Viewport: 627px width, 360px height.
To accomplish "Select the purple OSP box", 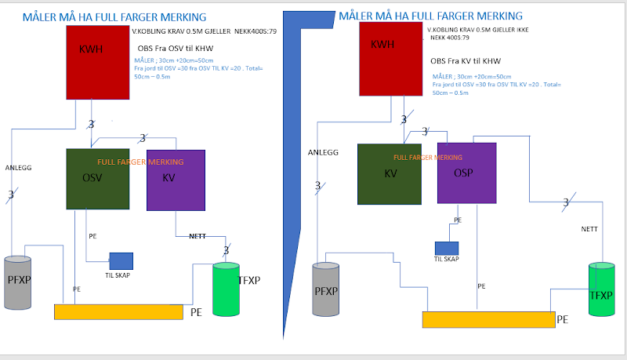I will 467,173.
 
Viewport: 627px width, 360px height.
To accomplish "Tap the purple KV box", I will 176,180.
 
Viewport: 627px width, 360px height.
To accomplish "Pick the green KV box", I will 390,173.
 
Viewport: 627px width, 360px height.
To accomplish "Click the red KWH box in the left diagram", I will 97,62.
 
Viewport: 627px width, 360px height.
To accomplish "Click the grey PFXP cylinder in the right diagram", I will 325,289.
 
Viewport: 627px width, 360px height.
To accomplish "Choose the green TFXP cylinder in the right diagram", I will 601,290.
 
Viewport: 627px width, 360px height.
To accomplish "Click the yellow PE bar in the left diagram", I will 118,311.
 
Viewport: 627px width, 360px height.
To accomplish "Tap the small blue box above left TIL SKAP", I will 121,261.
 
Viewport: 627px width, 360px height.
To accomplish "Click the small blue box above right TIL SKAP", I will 447,249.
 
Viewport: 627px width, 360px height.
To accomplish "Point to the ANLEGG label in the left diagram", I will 18,168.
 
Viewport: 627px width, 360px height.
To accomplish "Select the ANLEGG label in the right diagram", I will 323,152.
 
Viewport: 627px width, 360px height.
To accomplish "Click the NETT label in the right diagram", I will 589,229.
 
